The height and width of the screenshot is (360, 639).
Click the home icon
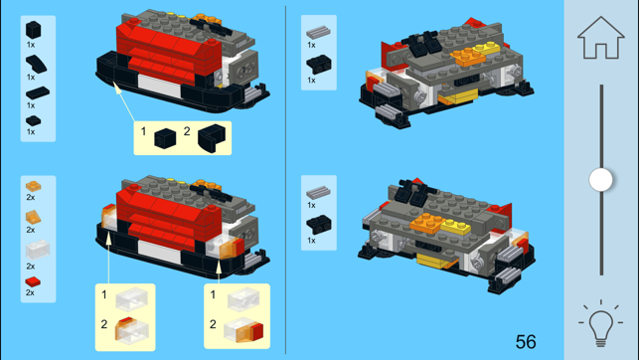pos(600,38)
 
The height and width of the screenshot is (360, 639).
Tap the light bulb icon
pos(600,323)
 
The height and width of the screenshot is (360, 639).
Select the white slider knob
pos(600,179)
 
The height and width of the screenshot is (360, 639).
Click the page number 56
pos(526,342)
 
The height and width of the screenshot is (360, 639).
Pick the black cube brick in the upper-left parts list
pos(34,30)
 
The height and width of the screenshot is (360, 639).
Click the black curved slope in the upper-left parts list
pos(36,64)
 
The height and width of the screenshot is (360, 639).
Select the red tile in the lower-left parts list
pos(33,281)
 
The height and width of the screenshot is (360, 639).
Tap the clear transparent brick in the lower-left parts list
pos(37,250)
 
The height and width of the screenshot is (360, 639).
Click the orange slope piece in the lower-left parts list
pos(33,217)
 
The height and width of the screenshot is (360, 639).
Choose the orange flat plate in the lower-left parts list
pos(33,186)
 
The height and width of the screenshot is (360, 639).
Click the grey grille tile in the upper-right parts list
pos(318,32)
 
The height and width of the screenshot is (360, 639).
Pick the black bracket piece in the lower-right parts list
pos(319,224)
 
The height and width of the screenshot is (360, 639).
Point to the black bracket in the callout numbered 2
pos(212,138)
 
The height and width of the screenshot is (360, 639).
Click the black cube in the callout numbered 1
pos(165,138)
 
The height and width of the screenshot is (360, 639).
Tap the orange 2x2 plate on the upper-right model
pos(467,57)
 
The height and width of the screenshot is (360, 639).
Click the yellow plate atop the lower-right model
pos(456,227)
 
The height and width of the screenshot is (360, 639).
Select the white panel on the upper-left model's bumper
pos(160,87)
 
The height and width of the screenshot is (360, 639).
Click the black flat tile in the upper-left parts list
pos(38,92)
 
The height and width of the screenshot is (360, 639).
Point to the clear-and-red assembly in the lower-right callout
pos(243,329)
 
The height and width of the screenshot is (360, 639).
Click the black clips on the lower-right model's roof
pos(412,193)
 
